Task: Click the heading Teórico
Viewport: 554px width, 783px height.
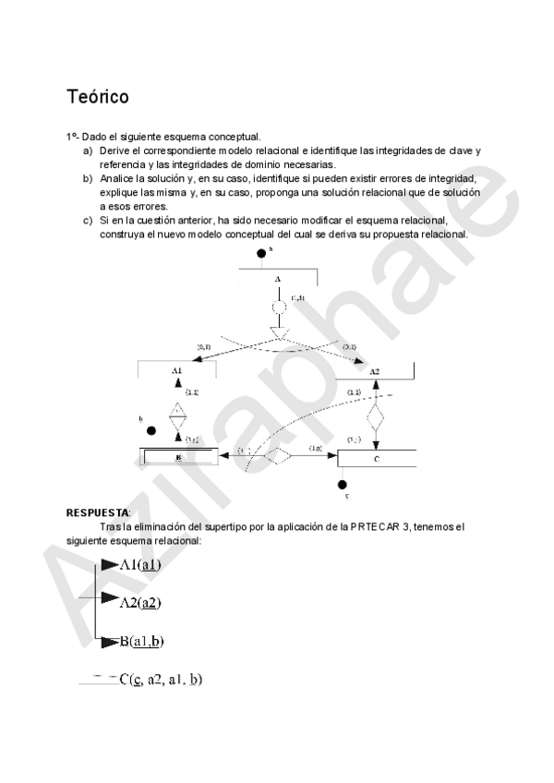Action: coord(97,97)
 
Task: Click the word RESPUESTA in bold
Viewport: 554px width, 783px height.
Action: coord(97,512)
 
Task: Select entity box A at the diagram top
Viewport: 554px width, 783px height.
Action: coord(277,277)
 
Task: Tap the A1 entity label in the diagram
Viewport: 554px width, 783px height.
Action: coord(177,370)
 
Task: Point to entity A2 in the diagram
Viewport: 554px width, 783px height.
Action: coord(374,371)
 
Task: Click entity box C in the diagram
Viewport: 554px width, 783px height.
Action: coord(376,457)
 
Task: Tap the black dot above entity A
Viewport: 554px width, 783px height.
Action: coord(262,253)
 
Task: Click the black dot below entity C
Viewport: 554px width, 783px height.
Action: coord(343,484)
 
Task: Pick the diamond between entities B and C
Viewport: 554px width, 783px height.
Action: coord(279,455)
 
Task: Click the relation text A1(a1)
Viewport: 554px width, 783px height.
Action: coord(140,565)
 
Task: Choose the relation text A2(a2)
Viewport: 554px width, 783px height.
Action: coord(140,602)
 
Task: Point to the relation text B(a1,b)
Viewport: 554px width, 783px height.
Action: coord(142,640)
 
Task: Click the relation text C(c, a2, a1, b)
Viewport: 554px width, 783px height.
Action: coord(161,680)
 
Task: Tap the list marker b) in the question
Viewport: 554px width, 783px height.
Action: coord(88,178)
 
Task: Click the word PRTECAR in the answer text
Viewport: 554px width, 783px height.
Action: coord(374,527)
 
